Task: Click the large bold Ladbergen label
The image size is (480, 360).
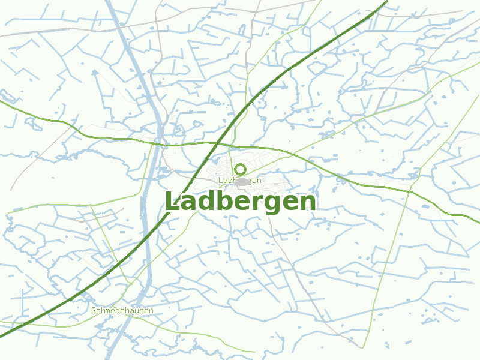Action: (x=241, y=202)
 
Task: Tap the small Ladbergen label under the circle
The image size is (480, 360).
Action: (x=240, y=180)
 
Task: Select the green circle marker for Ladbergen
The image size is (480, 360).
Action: (x=241, y=169)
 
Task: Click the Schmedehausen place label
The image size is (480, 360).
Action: (x=122, y=311)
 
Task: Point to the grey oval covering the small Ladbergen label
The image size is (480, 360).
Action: (x=242, y=181)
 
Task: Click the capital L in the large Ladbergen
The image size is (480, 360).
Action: (x=172, y=202)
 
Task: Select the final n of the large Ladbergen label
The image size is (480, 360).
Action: (x=308, y=203)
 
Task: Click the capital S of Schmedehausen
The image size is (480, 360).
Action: (x=94, y=311)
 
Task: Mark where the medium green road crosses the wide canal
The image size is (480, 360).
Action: (x=160, y=144)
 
